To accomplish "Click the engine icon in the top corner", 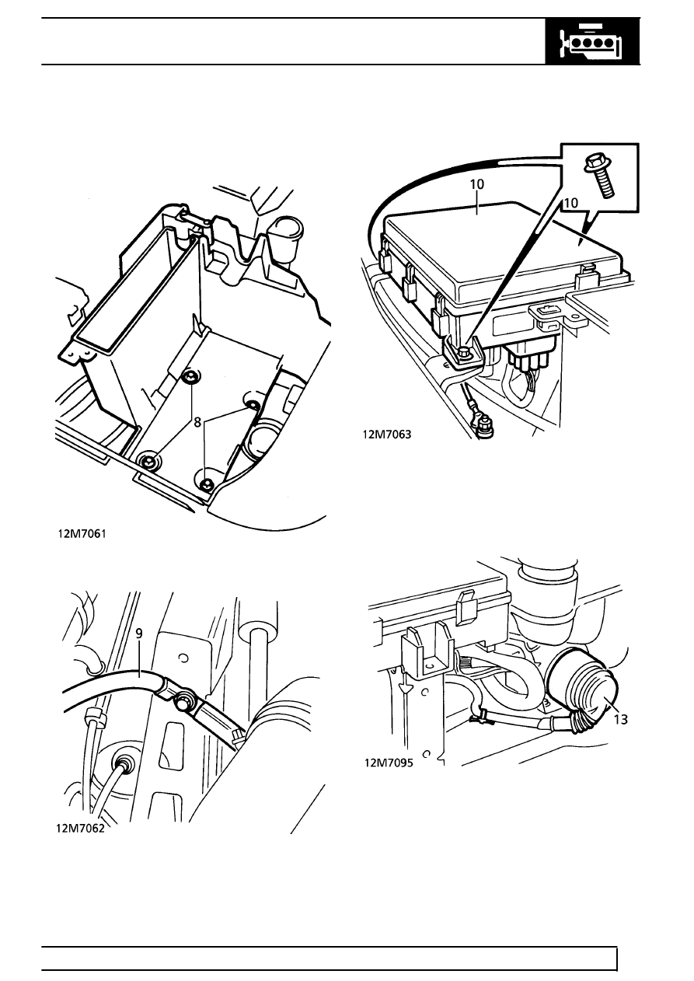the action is [592, 42].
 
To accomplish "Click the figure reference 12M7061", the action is [82, 534].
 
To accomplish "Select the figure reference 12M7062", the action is [81, 828].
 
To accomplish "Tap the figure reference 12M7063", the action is [387, 434].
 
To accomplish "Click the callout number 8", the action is [197, 422].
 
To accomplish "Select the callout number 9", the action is [139, 634].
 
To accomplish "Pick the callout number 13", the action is [621, 719].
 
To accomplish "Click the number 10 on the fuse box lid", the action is [477, 184].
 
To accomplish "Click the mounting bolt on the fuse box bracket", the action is [463, 351].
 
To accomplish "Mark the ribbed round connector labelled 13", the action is [584, 688].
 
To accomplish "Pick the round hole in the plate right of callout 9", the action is [184, 658].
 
